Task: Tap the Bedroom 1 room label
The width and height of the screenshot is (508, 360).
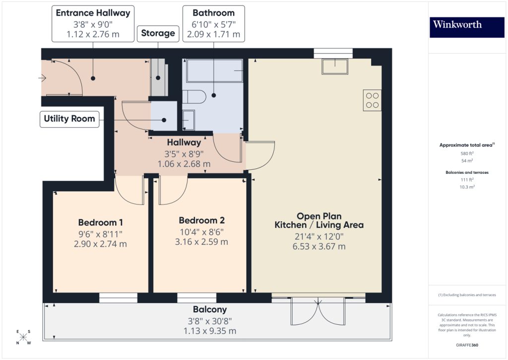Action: pyautogui.click(x=100, y=222)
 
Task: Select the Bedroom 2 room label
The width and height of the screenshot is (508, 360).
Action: pyautogui.click(x=202, y=220)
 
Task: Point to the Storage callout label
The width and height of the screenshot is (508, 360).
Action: pyautogui.click(x=158, y=33)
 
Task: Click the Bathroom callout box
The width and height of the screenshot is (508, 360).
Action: pyautogui.click(x=213, y=23)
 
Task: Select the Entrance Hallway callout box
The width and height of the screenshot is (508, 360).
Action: pyautogui.click(x=93, y=23)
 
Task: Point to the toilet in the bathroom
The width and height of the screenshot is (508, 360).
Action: pyautogui.click(x=194, y=97)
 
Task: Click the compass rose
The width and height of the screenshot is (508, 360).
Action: pyautogui.click(x=23, y=338)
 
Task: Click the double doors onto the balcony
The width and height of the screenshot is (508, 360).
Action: pyautogui.click(x=318, y=310)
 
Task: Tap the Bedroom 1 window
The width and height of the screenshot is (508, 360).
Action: pyautogui.click(x=118, y=297)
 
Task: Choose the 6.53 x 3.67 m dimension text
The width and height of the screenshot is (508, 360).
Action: pyautogui.click(x=319, y=246)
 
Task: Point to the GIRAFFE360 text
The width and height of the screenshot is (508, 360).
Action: pyautogui.click(x=466, y=345)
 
